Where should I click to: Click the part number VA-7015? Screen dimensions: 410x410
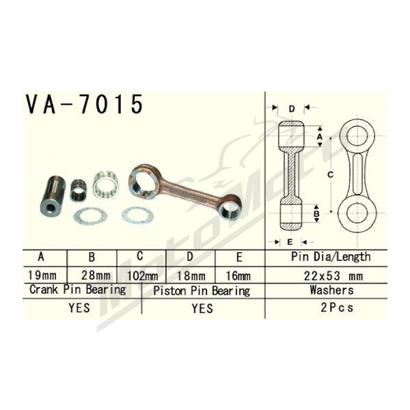(84, 104)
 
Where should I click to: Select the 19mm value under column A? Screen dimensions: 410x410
(42, 275)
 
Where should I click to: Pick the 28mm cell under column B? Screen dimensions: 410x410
(96, 275)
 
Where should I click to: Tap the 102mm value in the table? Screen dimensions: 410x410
(142, 276)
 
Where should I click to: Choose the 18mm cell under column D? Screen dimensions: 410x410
(191, 276)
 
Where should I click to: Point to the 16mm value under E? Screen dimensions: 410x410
(238, 276)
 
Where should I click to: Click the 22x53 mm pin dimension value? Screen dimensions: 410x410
(333, 276)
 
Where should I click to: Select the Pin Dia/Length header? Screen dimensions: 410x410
(331, 257)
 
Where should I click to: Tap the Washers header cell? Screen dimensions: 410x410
(331, 290)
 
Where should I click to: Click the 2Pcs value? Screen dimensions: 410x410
(337, 307)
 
